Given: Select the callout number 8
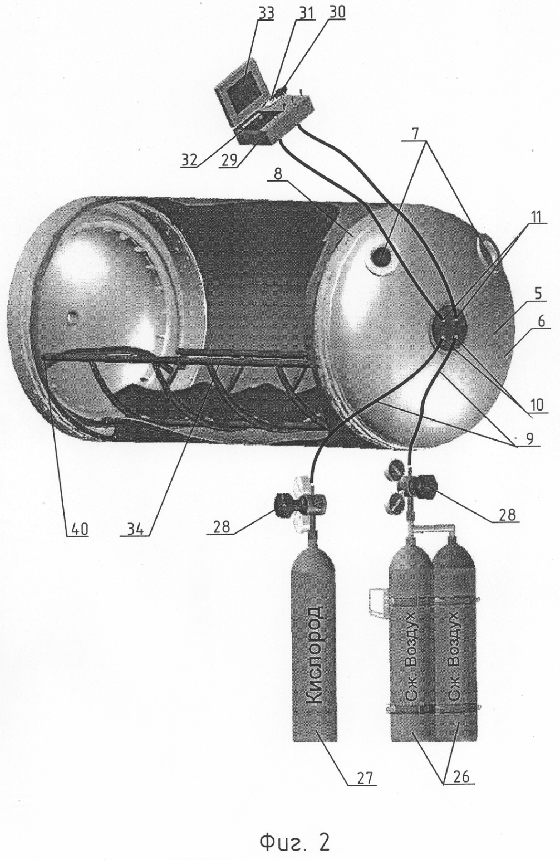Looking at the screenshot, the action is (x=278, y=174).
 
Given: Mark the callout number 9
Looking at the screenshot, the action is (x=530, y=439).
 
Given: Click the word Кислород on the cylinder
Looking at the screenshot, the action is (x=315, y=672).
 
